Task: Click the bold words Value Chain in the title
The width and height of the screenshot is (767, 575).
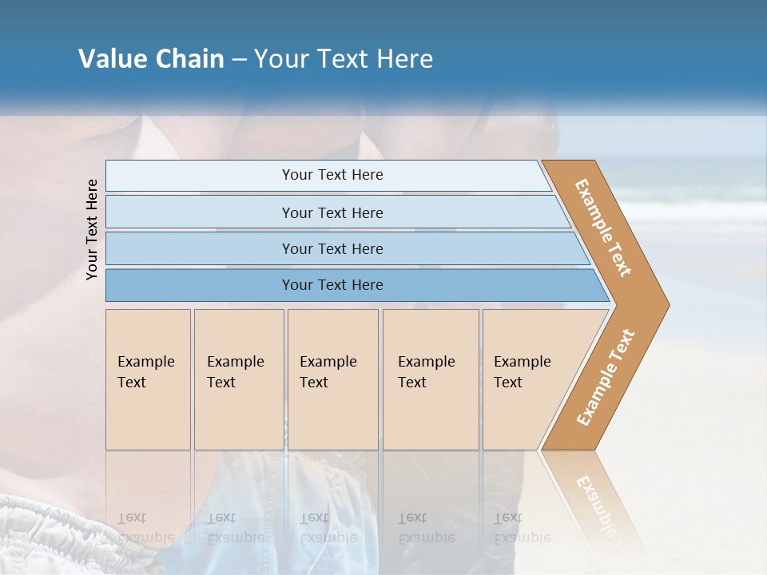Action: (151, 58)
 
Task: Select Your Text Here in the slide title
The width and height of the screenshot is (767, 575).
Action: (344, 58)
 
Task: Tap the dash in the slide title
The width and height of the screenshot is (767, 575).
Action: (239, 59)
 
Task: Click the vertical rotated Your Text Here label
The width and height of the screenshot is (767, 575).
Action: (92, 229)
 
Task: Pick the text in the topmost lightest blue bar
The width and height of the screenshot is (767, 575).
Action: (332, 175)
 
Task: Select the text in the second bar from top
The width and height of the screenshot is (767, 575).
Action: (332, 212)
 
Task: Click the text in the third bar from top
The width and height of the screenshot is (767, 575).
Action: (332, 248)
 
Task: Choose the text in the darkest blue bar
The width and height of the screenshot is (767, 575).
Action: (332, 284)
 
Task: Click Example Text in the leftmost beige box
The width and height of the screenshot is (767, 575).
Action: (145, 371)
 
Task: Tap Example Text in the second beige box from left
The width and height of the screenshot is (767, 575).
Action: (235, 371)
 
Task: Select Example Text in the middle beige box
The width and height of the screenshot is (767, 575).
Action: (328, 371)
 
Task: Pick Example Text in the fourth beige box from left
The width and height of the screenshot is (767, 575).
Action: (426, 371)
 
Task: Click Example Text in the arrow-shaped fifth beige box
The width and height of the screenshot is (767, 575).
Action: (522, 371)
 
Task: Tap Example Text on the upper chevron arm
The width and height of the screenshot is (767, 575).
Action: (603, 228)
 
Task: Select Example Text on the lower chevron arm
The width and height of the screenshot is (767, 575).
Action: (605, 378)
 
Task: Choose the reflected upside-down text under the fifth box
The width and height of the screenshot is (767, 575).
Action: (522, 528)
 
